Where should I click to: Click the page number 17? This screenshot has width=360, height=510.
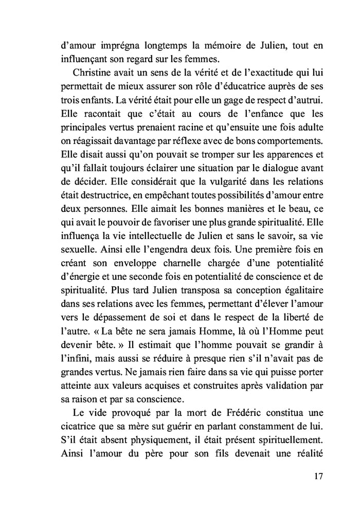click(317, 476)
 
